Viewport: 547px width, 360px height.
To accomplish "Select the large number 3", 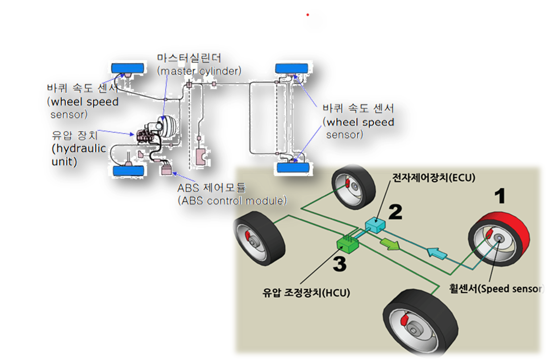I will (x=339, y=265).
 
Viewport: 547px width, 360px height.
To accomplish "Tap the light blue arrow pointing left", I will (x=437, y=254).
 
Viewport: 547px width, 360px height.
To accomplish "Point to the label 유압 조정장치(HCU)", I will (x=307, y=292).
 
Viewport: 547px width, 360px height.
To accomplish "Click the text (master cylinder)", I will (x=199, y=71).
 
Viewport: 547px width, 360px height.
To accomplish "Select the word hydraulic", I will (x=79, y=149).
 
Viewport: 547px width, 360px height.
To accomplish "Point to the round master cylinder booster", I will (x=166, y=125).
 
